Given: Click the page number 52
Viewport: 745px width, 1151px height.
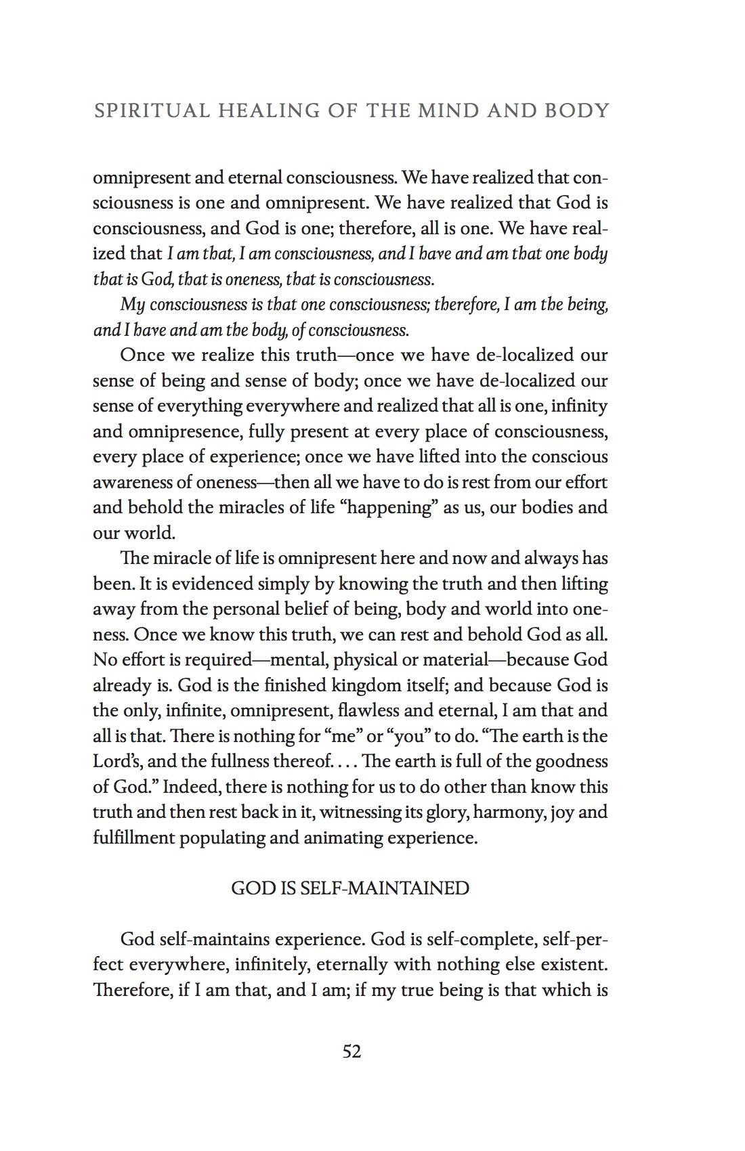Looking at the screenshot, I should (x=352, y=1051).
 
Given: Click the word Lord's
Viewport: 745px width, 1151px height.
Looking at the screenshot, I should (x=114, y=762).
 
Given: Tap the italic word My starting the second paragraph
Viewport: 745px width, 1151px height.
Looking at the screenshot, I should (x=133, y=305).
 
